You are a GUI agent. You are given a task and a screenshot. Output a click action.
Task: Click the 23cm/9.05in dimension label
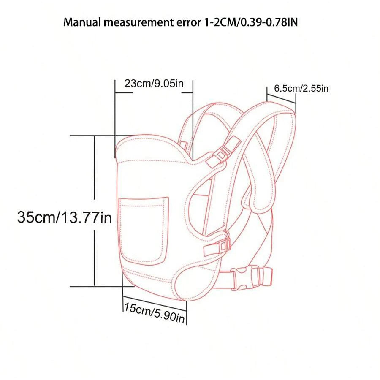point(154,83)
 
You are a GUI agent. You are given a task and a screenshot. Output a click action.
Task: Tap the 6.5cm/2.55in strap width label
point(301,88)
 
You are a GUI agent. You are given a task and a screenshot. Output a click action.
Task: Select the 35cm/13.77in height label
point(65,218)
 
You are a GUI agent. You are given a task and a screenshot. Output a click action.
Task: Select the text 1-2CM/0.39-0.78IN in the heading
point(250,22)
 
